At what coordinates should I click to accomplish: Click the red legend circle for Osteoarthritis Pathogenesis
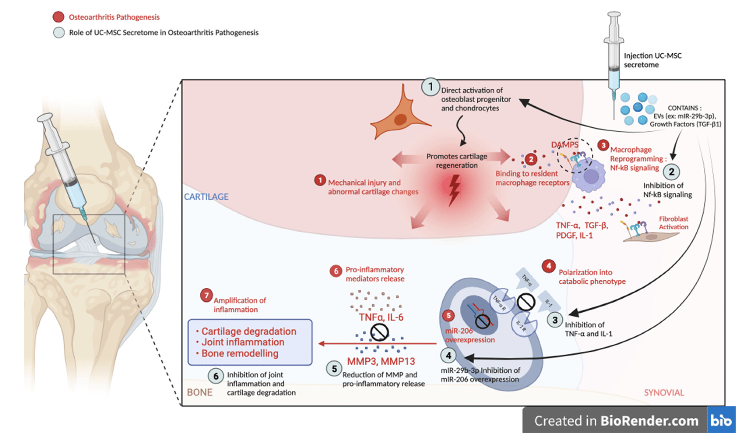(58, 17)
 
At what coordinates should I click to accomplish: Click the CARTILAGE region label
(206, 197)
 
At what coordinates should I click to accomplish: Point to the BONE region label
(200, 392)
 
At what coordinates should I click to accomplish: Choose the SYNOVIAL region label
(664, 393)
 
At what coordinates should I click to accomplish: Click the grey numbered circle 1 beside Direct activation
(430, 87)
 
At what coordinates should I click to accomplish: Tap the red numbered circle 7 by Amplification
(206, 296)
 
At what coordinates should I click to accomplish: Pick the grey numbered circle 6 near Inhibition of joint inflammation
(216, 376)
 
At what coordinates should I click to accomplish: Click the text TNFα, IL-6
(381, 317)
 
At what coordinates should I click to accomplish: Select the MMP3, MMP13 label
(381, 361)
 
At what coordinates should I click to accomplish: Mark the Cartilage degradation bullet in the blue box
(249, 331)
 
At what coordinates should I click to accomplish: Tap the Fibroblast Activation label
(673, 223)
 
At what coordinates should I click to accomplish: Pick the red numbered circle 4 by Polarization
(549, 266)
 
